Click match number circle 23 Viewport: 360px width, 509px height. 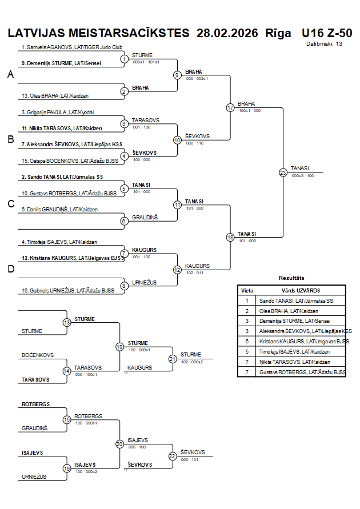[x=283, y=172]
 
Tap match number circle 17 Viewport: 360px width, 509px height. [x=230, y=107]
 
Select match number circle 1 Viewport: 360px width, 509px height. [x=125, y=59]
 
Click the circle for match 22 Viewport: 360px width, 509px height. [x=173, y=456]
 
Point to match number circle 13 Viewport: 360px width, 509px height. [x=67, y=323]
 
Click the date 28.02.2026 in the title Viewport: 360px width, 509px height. [x=227, y=33]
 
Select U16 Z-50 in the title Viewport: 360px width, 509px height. [x=326, y=33]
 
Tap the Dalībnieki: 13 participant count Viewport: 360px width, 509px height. [x=324, y=43]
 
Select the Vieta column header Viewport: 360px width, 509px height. [x=247, y=290]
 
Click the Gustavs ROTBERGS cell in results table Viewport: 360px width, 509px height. [x=302, y=372]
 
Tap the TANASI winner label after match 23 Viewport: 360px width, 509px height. [x=299, y=168]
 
